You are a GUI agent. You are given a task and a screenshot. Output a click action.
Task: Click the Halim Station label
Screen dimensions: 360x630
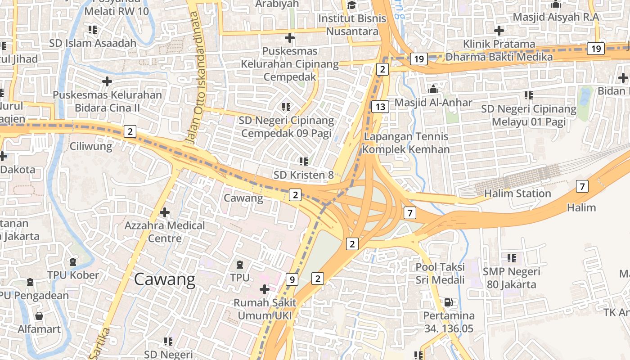pyautogui.click(x=517, y=193)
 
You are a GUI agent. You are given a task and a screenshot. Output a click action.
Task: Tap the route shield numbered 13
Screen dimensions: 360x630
pyautogui.click(x=380, y=107)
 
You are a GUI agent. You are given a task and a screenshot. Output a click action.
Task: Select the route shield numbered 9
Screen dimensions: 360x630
pyautogui.click(x=292, y=279)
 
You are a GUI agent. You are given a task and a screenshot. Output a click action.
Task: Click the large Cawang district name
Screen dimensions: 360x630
pyautogui.click(x=165, y=280)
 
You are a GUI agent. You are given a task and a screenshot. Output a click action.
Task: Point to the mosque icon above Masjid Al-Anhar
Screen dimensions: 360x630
pyautogui.click(x=433, y=89)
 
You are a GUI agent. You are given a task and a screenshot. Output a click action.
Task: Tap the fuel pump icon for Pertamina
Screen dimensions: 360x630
pyautogui.click(x=448, y=302)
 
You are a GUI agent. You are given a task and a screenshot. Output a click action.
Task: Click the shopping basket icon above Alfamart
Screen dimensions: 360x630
pyautogui.click(x=39, y=315)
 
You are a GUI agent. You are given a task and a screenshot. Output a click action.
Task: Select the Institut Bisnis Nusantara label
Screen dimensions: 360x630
pyautogui.click(x=352, y=25)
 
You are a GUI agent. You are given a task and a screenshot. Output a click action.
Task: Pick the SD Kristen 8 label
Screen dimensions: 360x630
pyautogui.click(x=303, y=175)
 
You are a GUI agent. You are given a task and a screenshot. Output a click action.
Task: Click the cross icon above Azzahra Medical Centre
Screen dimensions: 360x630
pyautogui.click(x=165, y=212)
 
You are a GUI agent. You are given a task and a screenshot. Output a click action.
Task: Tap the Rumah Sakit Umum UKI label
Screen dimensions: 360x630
pyautogui.click(x=265, y=309)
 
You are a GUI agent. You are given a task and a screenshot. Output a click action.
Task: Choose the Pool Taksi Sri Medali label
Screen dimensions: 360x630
pyautogui.click(x=440, y=273)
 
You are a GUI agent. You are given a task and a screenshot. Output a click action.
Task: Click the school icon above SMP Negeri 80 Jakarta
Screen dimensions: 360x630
pyautogui.click(x=511, y=258)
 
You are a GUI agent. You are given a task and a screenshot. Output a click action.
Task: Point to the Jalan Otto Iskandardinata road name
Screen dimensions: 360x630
pyautogui.click(x=197, y=76)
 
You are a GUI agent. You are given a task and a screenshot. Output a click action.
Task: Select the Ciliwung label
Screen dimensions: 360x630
pyautogui.click(x=90, y=146)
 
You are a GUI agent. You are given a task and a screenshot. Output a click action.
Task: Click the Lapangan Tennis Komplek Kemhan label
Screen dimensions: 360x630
pyautogui.click(x=406, y=143)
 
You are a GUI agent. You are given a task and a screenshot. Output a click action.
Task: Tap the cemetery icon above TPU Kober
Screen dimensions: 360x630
pyautogui.click(x=73, y=261)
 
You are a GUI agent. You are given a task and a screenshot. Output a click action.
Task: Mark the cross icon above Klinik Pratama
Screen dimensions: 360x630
pyautogui.click(x=499, y=31)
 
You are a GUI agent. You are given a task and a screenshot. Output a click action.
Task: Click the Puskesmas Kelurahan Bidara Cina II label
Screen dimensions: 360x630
pyautogui.click(x=107, y=101)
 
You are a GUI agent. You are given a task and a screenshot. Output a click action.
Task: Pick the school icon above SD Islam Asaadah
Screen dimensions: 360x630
pyautogui.click(x=93, y=30)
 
